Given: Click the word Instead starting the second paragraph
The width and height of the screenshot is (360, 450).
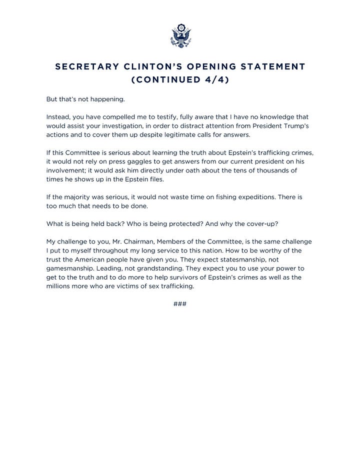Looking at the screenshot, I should click(58, 116).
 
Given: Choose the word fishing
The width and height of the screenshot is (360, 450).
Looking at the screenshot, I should click(218, 197).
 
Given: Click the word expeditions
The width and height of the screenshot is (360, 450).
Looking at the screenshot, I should click(255, 197).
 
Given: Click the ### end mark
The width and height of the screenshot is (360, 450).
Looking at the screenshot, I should click(180, 303).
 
